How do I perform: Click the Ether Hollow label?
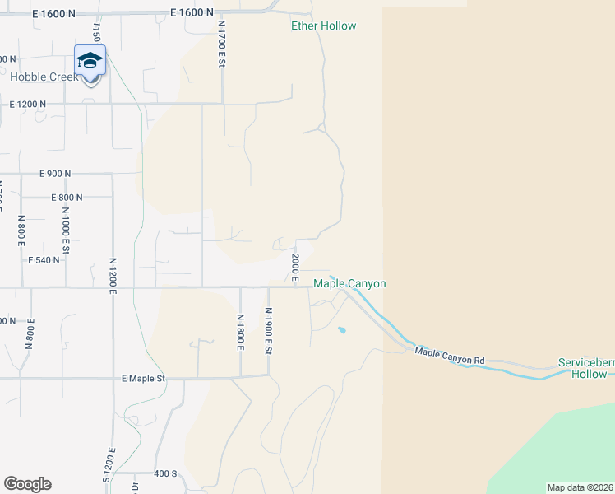coord(324,26)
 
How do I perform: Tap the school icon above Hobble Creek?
coord(90,61)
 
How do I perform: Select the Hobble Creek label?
coord(44,77)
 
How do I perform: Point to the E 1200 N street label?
coord(28,105)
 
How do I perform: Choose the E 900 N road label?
coord(55,174)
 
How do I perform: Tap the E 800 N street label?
coord(67,198)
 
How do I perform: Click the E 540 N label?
coord(45,260)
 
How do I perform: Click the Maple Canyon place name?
coord(349,284)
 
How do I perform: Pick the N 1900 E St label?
coord(268,331)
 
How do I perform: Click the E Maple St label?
coord(144,379)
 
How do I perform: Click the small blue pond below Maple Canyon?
coord(341,331)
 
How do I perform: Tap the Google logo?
coord(27,484)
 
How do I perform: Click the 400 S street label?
coord(164,474)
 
